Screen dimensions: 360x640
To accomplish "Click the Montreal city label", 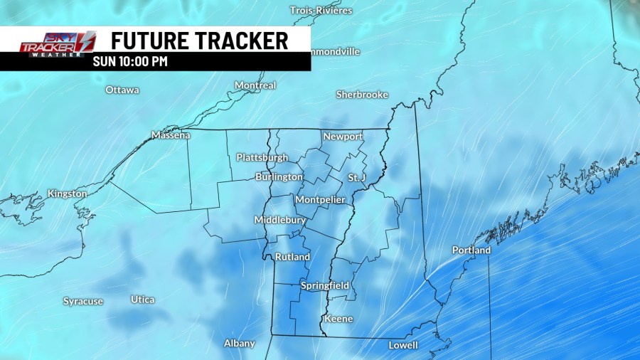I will [255, 85].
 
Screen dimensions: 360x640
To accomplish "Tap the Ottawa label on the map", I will [122, 90].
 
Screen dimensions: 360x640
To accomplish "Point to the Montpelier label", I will [320, 200].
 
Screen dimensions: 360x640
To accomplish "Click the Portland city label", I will [471, 250].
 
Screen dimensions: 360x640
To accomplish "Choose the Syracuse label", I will [83, 302].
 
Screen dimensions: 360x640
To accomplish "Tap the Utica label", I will [143, 300].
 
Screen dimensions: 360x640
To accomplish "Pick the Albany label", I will [240, 343].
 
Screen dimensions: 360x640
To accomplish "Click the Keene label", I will [338, 319].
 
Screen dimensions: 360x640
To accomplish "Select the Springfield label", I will [324, 285].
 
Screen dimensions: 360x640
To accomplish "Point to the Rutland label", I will [292, 257].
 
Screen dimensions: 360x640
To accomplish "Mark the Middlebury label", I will [280, 221].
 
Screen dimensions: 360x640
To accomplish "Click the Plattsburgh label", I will [262, 157].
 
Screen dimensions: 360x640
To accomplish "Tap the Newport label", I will [343, 137].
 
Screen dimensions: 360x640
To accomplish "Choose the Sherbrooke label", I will [362, 95].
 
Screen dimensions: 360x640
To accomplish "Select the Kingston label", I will [67, 194].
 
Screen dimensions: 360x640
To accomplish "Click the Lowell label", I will [403, 346].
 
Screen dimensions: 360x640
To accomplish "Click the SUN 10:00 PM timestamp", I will [130, 61].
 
